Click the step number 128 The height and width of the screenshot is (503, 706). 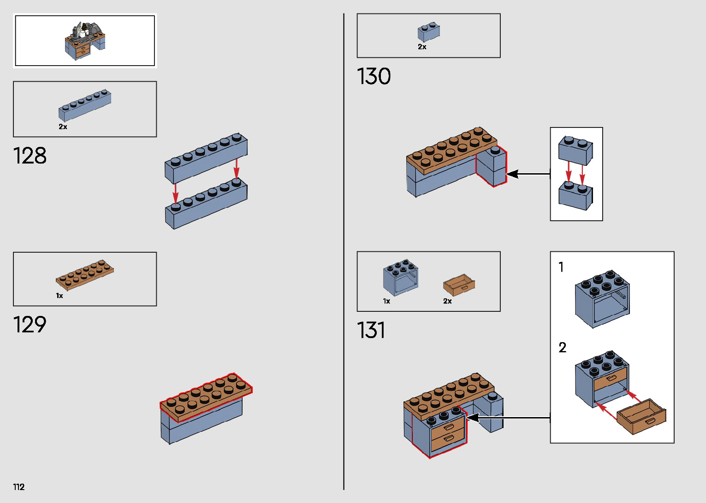30,156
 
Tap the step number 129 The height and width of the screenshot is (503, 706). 30,325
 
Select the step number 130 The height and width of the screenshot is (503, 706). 374,77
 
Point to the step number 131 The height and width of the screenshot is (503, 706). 371,331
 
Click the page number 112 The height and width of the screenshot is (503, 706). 19,487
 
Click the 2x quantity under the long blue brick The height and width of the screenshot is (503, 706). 63,127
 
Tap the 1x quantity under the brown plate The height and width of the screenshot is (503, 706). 59,296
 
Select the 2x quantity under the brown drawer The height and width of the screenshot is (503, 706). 447,301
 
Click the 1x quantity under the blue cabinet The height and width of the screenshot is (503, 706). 386,301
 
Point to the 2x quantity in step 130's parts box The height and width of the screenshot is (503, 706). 422,47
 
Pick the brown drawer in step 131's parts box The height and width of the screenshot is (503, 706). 459,285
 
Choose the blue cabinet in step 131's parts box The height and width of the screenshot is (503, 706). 401,277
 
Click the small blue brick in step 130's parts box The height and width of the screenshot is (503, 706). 429,32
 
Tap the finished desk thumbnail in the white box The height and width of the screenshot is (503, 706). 85,41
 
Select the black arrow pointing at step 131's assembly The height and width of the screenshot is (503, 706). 507,418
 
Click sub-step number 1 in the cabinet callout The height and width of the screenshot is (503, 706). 561,267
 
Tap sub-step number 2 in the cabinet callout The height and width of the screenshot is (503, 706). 562,347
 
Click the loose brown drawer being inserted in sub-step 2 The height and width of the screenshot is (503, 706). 641,416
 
